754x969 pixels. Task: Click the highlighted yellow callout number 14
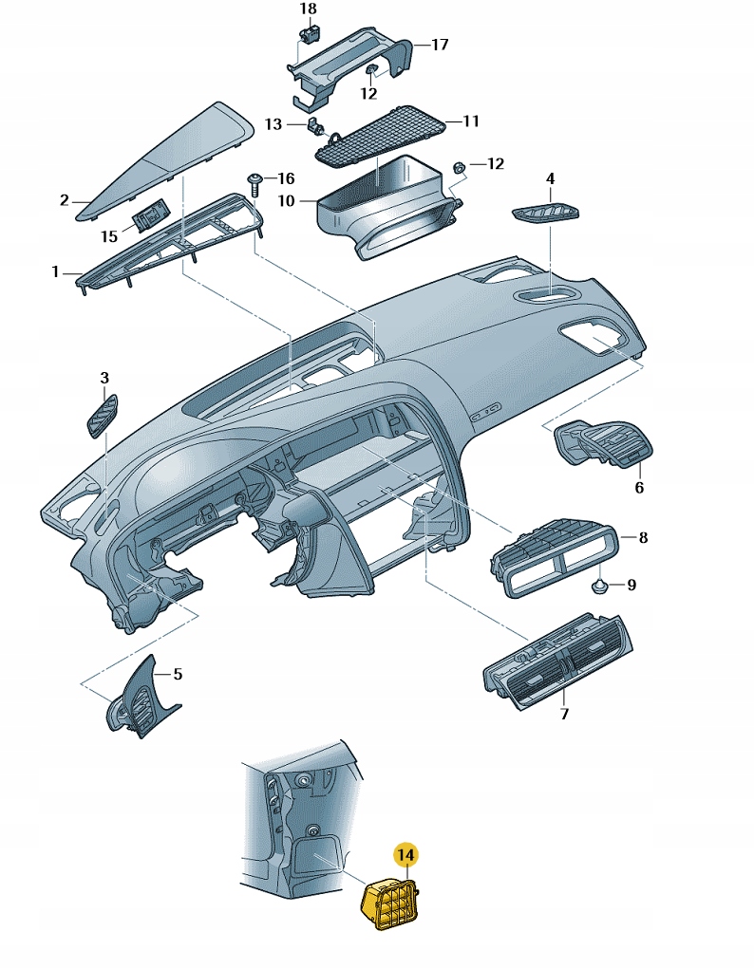pos(405,855)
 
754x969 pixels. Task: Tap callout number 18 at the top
pos(308,9)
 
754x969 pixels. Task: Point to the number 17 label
pos(440,45)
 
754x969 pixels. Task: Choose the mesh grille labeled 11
pos(385,135)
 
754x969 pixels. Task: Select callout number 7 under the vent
pos(564,714)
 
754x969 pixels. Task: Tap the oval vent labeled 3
pos(100,416)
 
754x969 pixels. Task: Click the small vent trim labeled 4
pos(547,214)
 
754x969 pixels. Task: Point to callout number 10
pos(287,200)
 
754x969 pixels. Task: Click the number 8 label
pos(643,538)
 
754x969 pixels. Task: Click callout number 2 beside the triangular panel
pos(65,200)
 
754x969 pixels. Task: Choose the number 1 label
pos(55,272)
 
